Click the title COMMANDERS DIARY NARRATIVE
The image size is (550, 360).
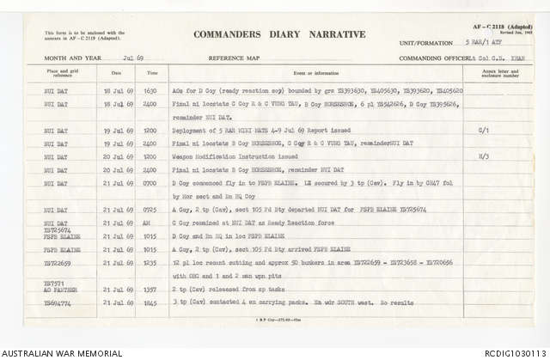[279, 35]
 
